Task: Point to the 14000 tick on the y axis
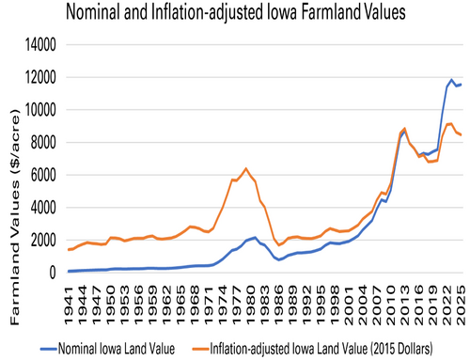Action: click(39, 45)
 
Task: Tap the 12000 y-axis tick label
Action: click(39, 78)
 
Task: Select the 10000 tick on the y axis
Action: click(39, 110)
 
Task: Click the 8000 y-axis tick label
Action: click(42, 143)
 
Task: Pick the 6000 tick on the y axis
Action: click(42, 175)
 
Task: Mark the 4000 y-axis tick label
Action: click(42, 208)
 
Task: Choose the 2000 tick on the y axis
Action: click(42, 241)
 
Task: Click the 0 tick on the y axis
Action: click(55, 273)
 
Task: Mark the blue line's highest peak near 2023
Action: click(452, 80)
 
